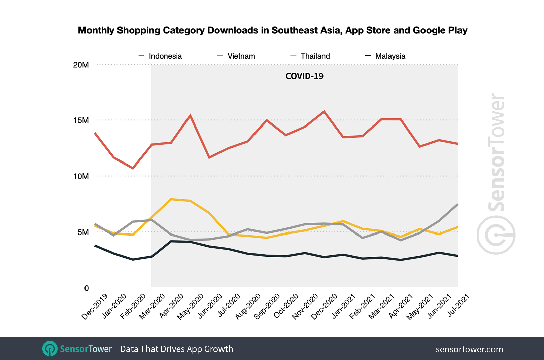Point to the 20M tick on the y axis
pyautogui.click(x=81, y=65)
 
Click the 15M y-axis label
pyautogui.click(x=81, y=120)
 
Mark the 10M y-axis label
pyautogui.click(x=81, y=176)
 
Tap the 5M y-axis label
pyautogui.click(x=83, y=232)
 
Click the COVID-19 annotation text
pyautogui.click(x=304, y=76)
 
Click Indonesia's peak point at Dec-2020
pyautogui.click(x=324, y=111)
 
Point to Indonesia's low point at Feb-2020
pyautogui.click(x=133, y=168)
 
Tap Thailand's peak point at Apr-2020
pyautogui.click(x=171, y=199)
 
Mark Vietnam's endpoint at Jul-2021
pyautogui.click(x=458, y=204)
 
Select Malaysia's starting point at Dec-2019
pyautogui.click(x=95, y=246)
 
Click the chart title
pyautogui.click(x=272, y=30)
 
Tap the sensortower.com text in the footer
pyautogui.click(x=469, y=349)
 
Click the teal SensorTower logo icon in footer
pyautogui.click(x=50, y=349)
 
